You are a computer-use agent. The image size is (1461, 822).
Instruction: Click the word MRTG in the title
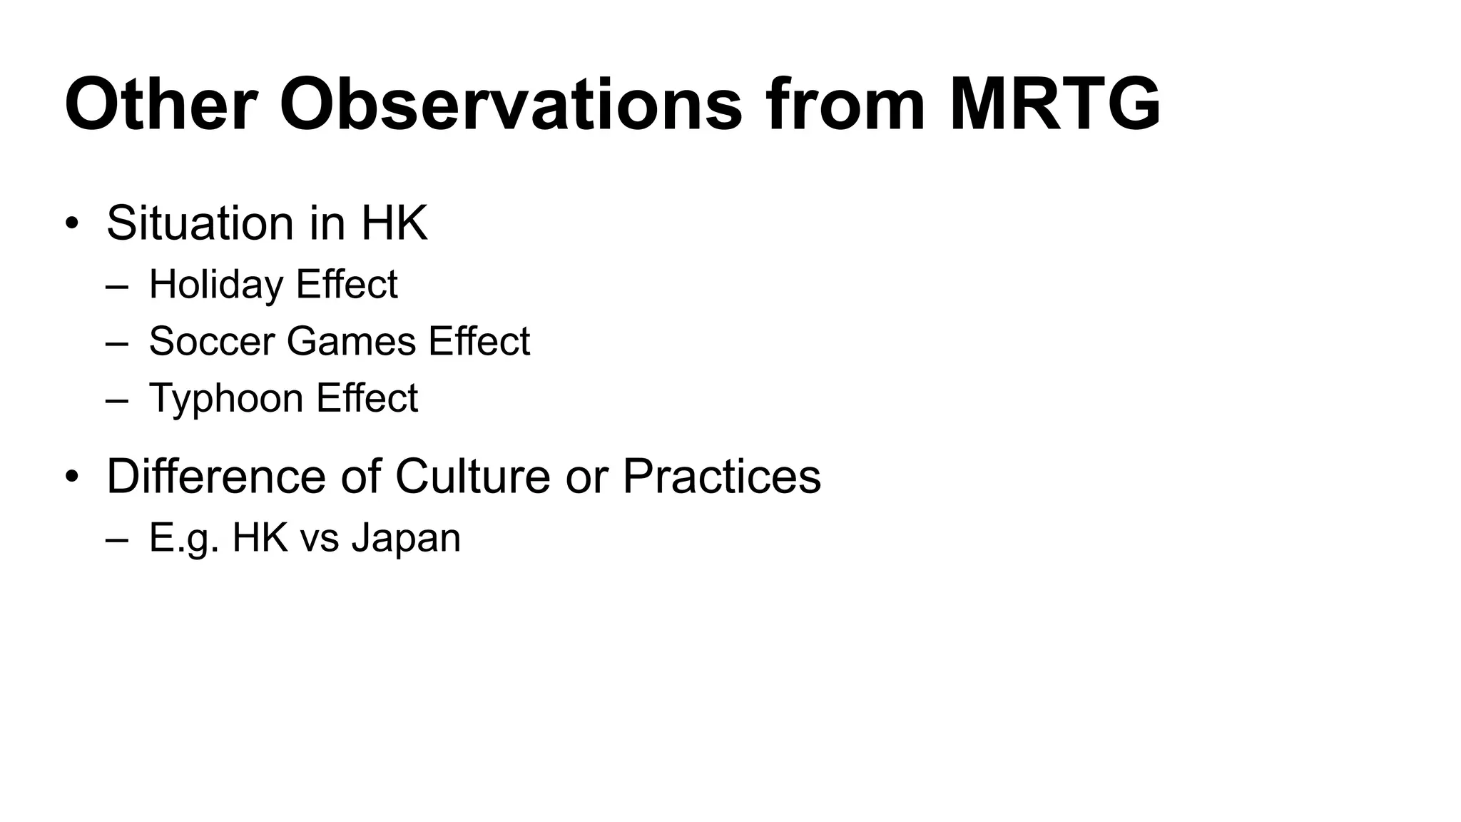pos(1054,106)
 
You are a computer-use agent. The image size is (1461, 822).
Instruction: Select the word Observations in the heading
pos(511,106)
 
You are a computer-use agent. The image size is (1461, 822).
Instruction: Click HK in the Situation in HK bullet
pos(394,223)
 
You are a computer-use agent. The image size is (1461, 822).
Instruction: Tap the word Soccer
pos(212,341)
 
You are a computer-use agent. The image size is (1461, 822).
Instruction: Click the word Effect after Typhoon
pos(367,398)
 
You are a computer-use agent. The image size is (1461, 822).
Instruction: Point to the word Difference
pos(216,476)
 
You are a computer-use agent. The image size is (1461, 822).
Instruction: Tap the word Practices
pos(721,476)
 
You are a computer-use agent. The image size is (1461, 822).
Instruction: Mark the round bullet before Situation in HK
pos(71,224)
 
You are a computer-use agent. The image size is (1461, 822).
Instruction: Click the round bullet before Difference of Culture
pos(71,477)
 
